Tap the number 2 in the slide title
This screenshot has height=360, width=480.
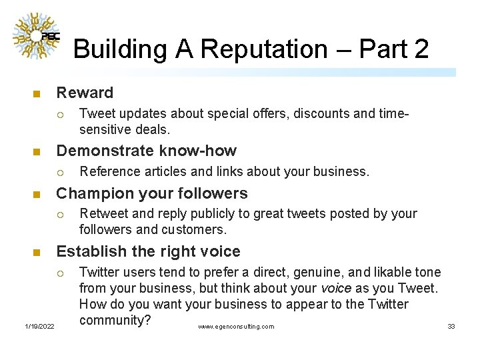point(421,49)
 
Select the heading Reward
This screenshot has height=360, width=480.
point(85,93)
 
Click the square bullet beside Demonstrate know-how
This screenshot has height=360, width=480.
point(37,151)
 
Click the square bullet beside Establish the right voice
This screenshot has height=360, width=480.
point(37,252)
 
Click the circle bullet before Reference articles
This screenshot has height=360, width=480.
point(60,171)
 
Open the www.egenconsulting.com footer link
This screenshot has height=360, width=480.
point(236,327)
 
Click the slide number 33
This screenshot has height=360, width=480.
point(451,326)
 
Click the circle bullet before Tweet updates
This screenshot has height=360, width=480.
point(60,113)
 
